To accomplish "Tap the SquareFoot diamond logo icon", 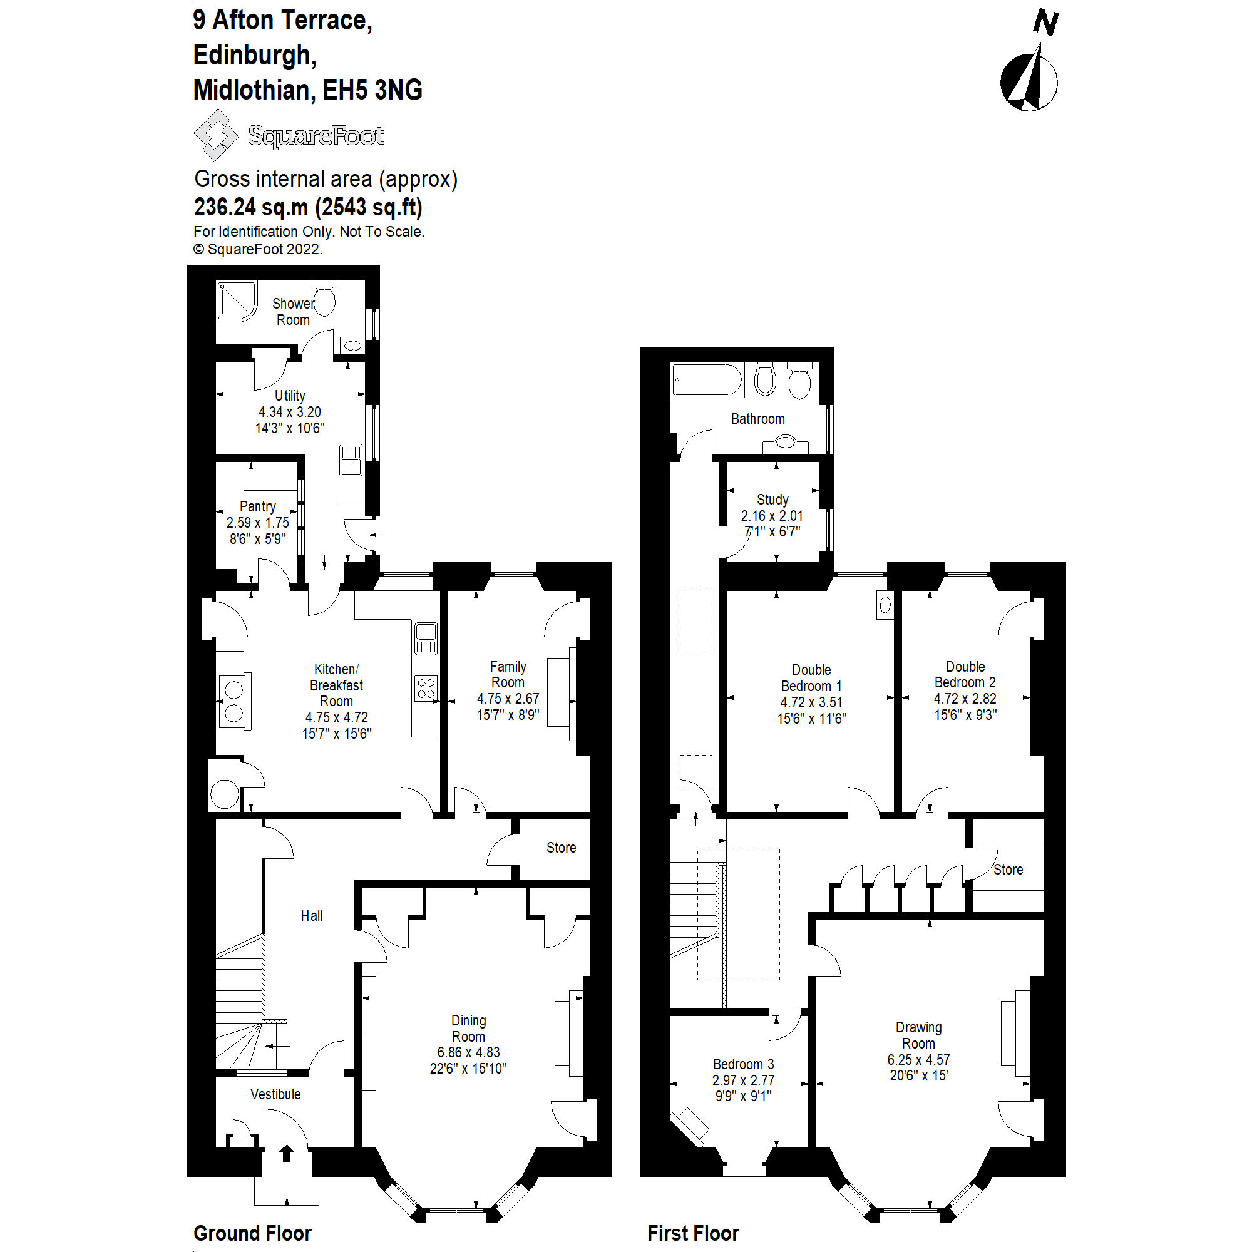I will [216, 135].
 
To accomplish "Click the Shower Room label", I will [293, 312].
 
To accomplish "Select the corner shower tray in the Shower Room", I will [236, 300].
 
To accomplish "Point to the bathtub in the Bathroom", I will [706, 380].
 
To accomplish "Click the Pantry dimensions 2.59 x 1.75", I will [258, 522].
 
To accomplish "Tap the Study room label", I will [772, 499].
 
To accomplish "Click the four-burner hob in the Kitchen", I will [426, 687].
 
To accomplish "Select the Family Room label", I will [508, 674].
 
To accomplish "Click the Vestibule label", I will [275, 1094].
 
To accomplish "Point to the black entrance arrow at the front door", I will [287, 1153].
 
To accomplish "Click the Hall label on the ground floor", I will [311, 916].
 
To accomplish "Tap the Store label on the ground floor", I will [560, 848].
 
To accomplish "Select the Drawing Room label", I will [918, 1035].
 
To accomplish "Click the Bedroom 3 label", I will [743, 1064].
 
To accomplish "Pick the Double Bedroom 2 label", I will [965, 674].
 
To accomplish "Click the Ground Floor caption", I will [253, 1233].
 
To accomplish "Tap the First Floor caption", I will [693, 1233].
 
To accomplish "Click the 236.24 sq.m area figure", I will [252, 207].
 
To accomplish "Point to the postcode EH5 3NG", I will [372, 90].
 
